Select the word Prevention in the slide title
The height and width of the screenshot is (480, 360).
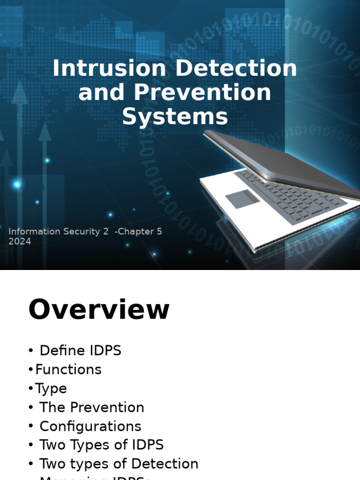[x=202, y=92]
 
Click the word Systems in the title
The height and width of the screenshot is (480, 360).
[x=175, y=117]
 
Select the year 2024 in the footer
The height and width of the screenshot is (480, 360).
[x=20, y=241]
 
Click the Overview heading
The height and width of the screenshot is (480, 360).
[x=99, y=310]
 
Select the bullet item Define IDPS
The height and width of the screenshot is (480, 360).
[x=80, y=351]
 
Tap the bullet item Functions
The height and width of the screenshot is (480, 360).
[x=68, y=369]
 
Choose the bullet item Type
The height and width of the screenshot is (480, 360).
[x=51, y=389]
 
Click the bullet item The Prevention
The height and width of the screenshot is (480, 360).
[x=91, y=407]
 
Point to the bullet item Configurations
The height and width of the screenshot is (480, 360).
[x=90, y=426]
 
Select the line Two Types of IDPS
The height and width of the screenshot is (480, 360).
[x=101, y=445]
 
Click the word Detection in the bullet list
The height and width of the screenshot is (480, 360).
[x=165, y=464]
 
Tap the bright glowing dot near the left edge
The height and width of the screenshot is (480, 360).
[x=17, y=185]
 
